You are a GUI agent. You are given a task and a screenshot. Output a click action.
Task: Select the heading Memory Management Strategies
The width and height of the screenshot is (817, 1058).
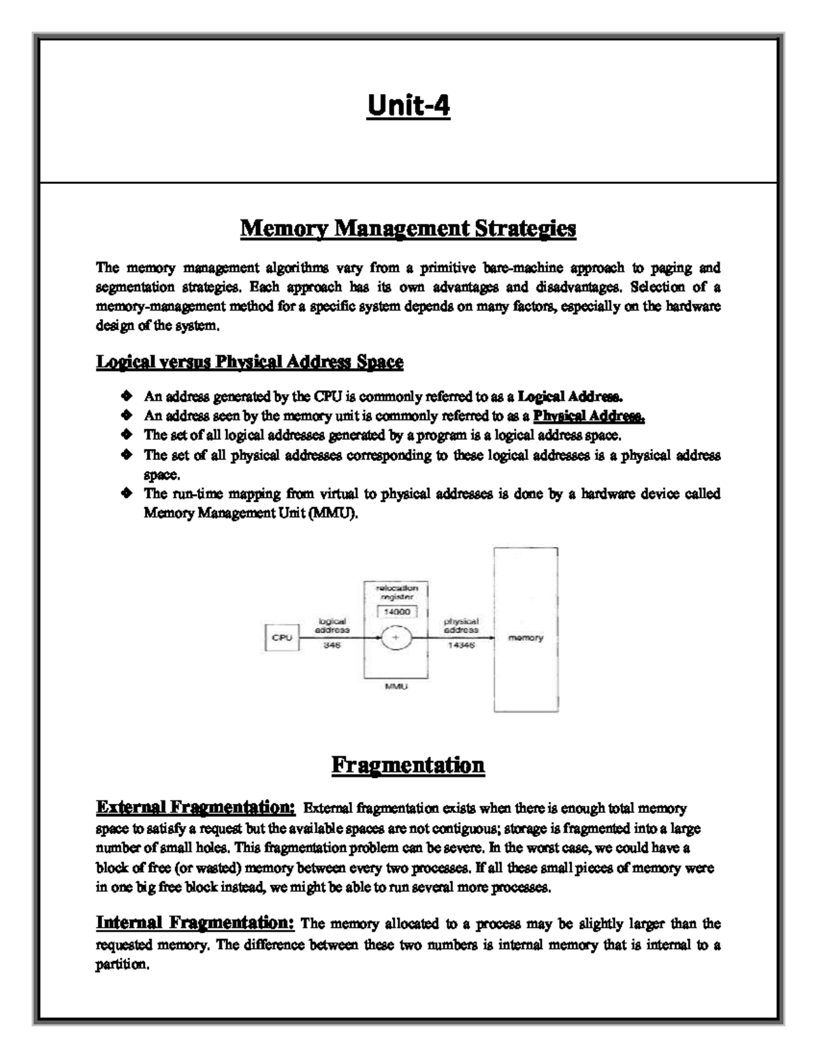point(408,228)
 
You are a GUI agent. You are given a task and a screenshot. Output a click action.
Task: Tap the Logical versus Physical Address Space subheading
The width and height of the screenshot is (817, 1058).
point(249,362)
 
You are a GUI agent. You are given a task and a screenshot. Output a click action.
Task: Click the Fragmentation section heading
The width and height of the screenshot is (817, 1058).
point(408,764)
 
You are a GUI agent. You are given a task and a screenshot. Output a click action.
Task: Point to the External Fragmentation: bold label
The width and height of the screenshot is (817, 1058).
point(195,807)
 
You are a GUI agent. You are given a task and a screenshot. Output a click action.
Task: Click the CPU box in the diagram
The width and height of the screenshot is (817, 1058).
point(282,638)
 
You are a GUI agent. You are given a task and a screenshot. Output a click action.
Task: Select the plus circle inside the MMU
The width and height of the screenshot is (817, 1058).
point(396,638)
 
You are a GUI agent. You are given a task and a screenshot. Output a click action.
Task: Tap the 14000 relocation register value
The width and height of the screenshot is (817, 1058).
point(396,612)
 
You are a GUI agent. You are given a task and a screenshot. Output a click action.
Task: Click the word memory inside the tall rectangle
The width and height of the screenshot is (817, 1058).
point(526,638)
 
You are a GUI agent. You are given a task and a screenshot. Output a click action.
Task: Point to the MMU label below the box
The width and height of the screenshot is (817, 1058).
point(396,687)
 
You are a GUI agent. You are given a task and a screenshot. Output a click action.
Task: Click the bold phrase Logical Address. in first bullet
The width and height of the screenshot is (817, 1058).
point(571,396)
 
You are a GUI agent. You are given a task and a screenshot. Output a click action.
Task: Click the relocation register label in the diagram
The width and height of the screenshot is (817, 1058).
point(396,591)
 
